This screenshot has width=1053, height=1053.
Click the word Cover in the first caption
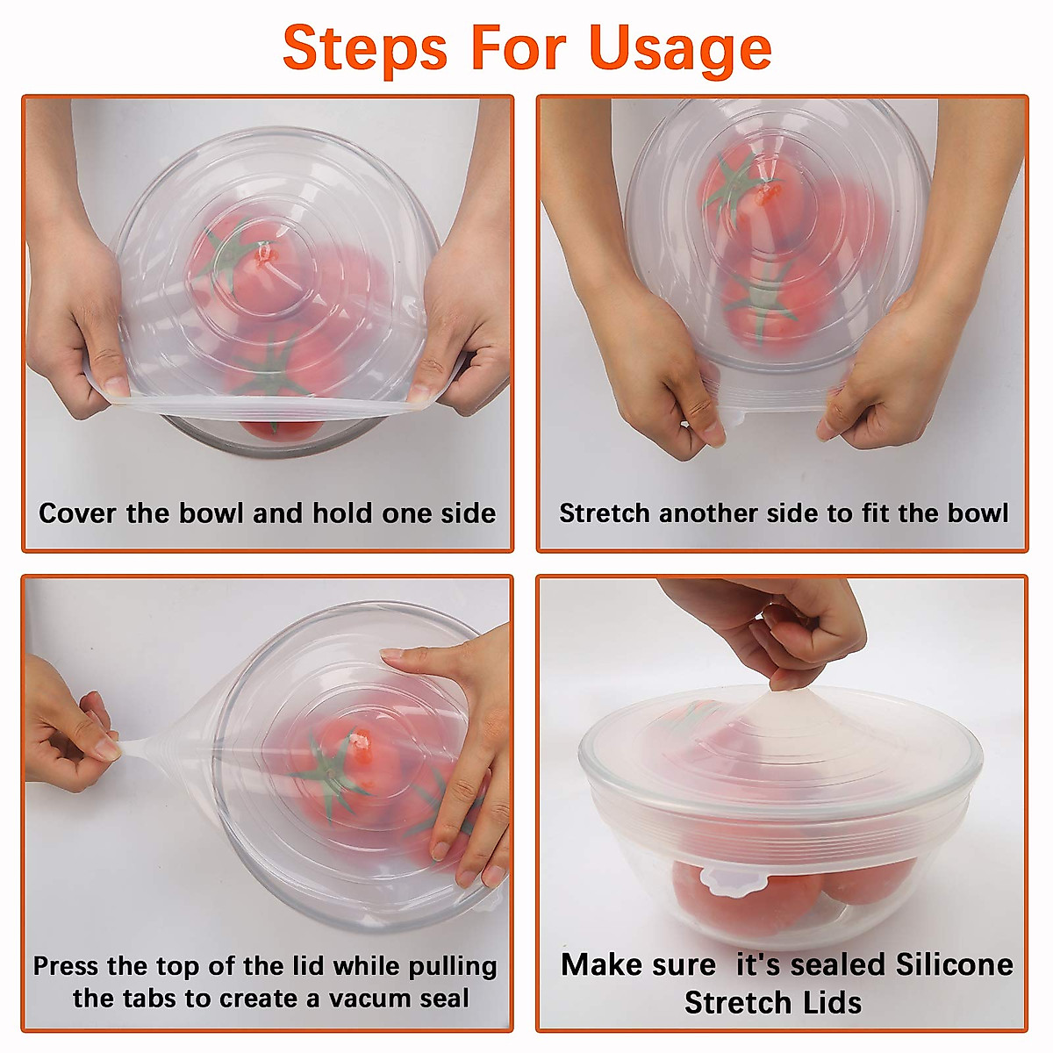click(78, 512)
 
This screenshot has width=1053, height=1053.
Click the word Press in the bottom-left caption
click(66, 966)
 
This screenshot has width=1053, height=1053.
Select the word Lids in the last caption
click(828, 1002)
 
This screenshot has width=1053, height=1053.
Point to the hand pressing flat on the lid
click(461, 755)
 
